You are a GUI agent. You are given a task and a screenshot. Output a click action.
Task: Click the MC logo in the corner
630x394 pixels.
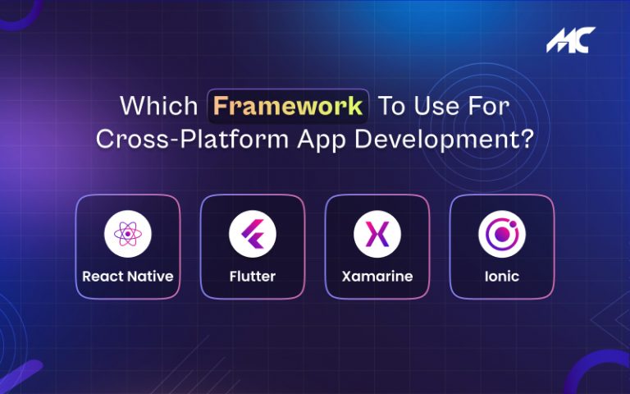[571, 40]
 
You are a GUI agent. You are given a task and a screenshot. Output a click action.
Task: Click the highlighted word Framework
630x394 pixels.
[288, 106]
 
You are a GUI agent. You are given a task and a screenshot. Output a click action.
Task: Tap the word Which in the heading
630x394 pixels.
[158, 107]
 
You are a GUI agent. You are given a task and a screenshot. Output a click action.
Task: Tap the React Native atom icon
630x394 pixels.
[127, 234]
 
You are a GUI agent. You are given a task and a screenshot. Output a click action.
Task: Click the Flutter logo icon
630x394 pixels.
[252, 234]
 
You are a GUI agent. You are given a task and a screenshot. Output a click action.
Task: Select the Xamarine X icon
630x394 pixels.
[377, 234]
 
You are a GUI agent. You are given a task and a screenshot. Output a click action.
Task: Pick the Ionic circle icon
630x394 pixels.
[502, 234]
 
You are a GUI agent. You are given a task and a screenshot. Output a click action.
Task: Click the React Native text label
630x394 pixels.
[127, 277]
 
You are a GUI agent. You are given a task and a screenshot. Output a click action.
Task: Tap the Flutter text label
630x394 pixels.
[252, 277]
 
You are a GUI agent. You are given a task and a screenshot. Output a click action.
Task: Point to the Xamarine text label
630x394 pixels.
[377, 277]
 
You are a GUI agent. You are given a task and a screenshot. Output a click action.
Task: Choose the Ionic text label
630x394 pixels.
[502, 277]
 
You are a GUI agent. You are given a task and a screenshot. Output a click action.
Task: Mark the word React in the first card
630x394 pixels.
[101, 277]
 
